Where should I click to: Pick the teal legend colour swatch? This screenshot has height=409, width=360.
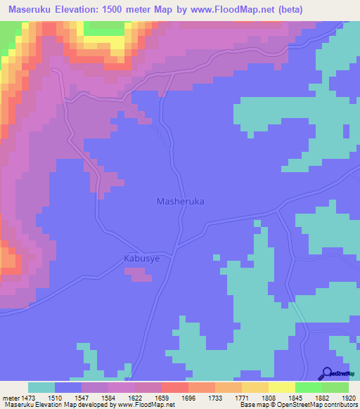(41, 387)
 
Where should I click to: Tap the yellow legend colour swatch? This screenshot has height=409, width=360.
(282, 387)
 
